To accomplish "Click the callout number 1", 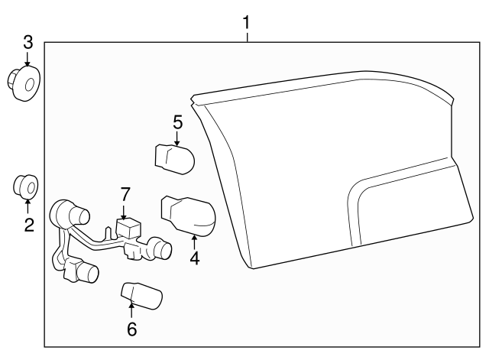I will (x=246, y=22).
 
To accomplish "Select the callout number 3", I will (x=28, y=42).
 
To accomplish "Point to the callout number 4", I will (x=194, y=258).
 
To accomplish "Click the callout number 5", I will (x=177, y=122).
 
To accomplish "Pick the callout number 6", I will (x=131, y=329).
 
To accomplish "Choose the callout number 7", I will (x=125, y=195).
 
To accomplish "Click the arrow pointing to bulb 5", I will (x=177, y=138).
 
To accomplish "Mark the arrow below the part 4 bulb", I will (x=194, y=241).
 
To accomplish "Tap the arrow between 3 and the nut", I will (x=28, y=60).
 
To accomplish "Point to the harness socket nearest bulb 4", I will (x=159, y=248).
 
